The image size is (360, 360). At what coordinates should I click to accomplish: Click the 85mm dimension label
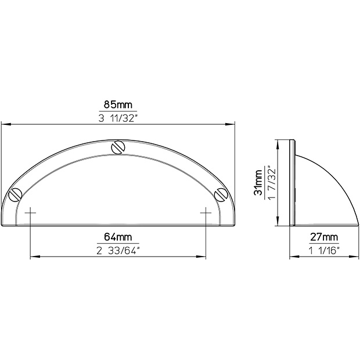point(118,105)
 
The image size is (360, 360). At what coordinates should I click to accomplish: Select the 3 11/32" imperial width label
point(118,118)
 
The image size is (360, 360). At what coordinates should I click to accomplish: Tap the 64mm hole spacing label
point(118,237)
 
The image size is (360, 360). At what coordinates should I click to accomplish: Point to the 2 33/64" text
point(118,251)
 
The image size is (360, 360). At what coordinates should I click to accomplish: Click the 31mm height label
point(258,183)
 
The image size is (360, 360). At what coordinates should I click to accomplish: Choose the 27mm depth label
point(324,237)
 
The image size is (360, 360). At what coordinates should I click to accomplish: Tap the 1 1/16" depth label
point(324,251)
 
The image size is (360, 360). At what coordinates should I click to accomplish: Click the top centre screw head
point(118,147)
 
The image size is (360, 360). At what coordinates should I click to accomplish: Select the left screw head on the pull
point(15,195)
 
